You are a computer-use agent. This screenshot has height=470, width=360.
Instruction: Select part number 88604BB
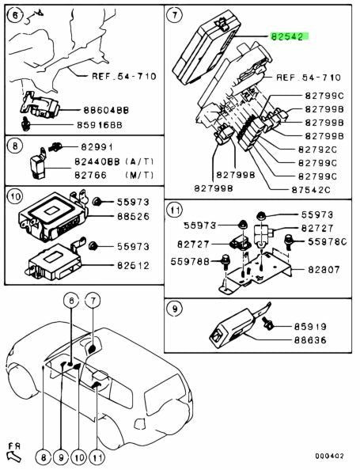click(106, 110)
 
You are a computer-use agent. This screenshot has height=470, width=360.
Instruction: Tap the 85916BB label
click(100, 125)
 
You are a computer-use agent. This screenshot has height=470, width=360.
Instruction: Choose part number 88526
click(133, 216)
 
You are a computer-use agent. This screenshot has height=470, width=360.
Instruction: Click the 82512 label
click(133, 265)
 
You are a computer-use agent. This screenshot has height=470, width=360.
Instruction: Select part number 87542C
click(310, 189)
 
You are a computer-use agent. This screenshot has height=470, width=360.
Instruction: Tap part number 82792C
click(317, 150)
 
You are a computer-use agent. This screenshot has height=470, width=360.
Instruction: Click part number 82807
click(324, 269)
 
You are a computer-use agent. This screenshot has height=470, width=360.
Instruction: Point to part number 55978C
click(327, 241)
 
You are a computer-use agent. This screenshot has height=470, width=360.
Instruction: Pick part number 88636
click(310, 340)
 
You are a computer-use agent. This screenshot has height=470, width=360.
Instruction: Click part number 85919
click(310, 327)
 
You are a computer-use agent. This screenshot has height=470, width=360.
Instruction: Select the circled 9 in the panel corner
click(175, 308)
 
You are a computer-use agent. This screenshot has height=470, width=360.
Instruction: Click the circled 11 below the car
click(97, 457)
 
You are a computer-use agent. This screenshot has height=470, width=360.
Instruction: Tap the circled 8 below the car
click(44, 457)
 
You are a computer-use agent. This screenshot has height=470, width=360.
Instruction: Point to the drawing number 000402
click(329, 456)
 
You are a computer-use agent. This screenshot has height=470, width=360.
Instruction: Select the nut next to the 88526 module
click(97, 202)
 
